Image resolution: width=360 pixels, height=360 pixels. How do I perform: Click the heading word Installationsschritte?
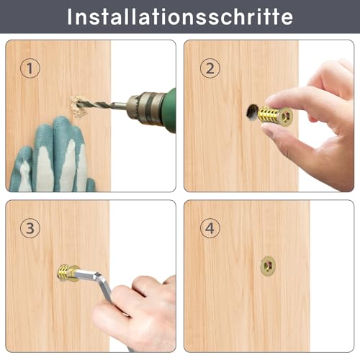click(x=179, y=17)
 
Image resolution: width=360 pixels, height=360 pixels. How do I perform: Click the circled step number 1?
click(x=29, y=68)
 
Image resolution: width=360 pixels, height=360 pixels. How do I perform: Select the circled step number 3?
click(x=29, y=228)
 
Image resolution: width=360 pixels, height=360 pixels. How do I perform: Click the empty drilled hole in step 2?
click(x=251, y=112)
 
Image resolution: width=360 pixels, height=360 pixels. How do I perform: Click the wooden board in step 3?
click(x=43, y=317)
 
